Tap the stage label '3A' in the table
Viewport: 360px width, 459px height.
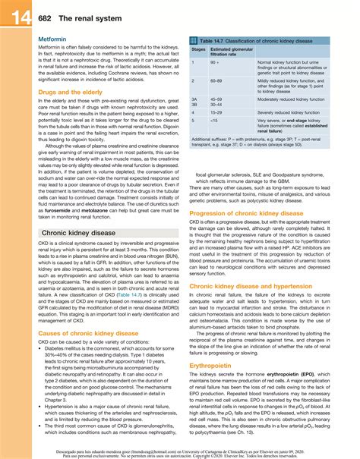(x=194, y=99)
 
